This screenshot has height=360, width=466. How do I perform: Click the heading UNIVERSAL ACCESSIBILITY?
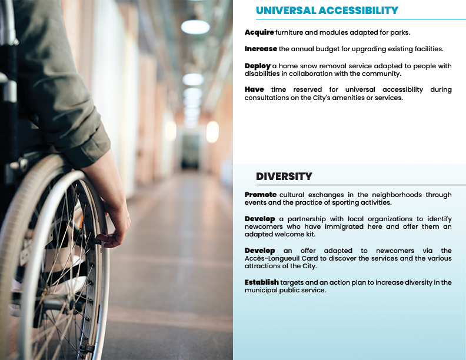pos(327,11)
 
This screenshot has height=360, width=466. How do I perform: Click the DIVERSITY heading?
pos(284,176)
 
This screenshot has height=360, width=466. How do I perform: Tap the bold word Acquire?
pos(259,32)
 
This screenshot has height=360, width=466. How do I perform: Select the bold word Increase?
pos(261,49)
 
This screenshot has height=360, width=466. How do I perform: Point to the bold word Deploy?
pos(257,66)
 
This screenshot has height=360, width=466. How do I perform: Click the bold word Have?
pos(254,89)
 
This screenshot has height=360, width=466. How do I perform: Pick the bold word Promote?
pos(260,195)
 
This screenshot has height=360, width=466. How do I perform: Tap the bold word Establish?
pos(261,282)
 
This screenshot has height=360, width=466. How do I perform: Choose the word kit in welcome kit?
pos(311,234)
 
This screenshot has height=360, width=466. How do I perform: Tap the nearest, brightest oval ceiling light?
pos(195,27)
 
